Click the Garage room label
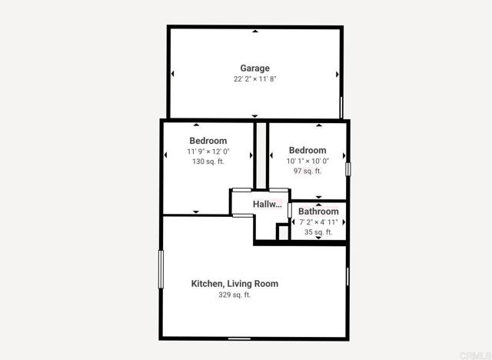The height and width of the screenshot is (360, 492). [x=254, y=68]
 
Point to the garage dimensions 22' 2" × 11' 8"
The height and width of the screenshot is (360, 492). [x=254, y=78]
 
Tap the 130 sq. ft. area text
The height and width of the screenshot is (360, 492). [x=208, y=162]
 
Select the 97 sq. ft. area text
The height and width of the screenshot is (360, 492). [x=307, y=171]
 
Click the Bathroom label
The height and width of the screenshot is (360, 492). [x=318, y=212]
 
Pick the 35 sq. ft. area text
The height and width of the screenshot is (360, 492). [x=318, y=232]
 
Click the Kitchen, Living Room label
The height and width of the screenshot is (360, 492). [x=234, y=284]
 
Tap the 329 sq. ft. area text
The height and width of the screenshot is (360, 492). [x=234, y=295]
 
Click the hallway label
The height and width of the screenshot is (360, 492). [x=267, y=204]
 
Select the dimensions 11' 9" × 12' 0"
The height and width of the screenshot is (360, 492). [x=208, y=152]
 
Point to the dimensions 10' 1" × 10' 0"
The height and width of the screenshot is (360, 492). [x=307, y=161]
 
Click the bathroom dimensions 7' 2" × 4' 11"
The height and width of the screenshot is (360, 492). [x=318, y=222]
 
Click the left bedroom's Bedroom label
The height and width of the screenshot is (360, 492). [x=208, y=141]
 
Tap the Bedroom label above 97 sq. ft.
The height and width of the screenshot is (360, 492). [x=307, y=150]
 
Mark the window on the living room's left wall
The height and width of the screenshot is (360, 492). [x=161, y=269]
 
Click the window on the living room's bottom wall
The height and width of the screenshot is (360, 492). [x=239, y=338]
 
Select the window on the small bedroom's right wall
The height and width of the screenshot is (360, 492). [x=348, y=167]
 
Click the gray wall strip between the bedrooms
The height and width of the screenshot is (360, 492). [x=261, y=154]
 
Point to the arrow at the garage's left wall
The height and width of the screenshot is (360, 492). [x=173, y=74]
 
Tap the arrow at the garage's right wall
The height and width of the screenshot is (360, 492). [x=337, y=74]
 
